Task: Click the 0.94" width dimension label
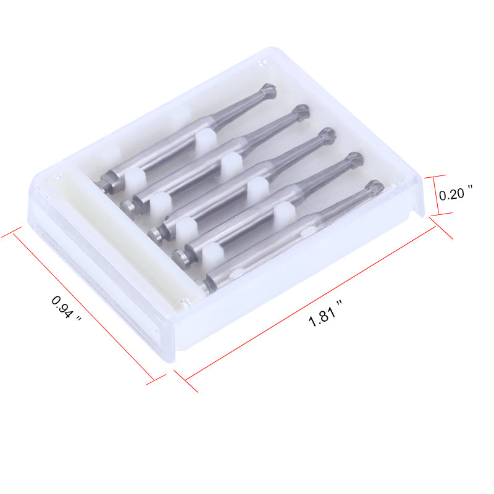point(65,308)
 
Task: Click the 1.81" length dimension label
point(325,314)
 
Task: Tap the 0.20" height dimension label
point(456,193)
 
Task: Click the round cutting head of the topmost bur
point(269,91)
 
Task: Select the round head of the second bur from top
point(301,112)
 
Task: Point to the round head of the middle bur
point(327,136)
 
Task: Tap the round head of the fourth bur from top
point(354,161)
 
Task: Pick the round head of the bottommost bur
point(375,188)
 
